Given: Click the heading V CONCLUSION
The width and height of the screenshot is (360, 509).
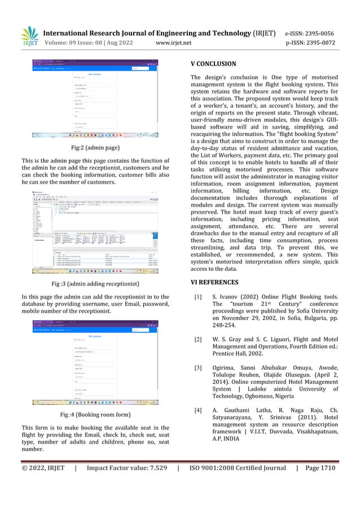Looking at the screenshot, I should pyautogui.click(x=213, y=64).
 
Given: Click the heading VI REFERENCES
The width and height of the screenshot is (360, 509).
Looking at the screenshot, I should pyautogui.click(x=214, y=282).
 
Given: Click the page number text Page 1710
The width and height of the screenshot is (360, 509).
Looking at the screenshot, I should pyautogui.click(x=321, y=468).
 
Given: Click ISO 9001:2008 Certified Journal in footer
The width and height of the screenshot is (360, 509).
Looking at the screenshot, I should pyautogui.click(x=238, y=468).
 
